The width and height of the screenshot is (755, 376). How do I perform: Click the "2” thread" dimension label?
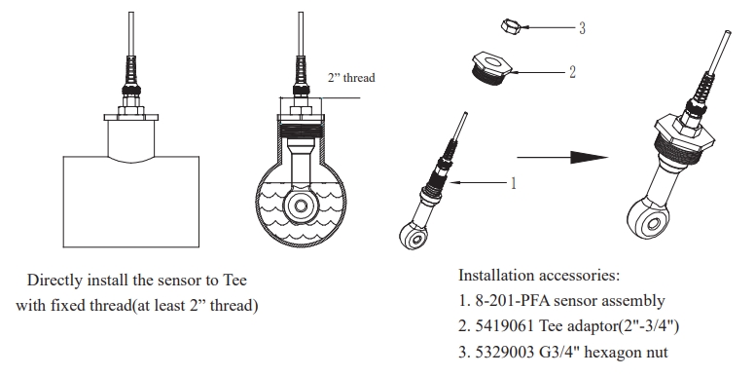pyautogui.click(x=351, y=78)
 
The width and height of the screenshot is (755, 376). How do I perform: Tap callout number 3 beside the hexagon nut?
pyautogui.click(x=582, y=28)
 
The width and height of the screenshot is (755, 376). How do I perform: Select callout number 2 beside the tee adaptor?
pyautogui.click(x=572, y=72)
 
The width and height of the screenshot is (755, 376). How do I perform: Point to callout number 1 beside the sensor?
pyautogui.click(x=514, y=183)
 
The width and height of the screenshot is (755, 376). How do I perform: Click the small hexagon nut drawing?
pyautogui.click(x=510, y=25)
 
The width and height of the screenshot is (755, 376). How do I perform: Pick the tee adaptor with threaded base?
pyautogui.click(x=491, y=69)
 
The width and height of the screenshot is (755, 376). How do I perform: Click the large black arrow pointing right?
pyautogui.click(x=562, y=157)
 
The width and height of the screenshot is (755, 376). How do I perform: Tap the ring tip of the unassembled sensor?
pyautogui.click(x=413, y=235)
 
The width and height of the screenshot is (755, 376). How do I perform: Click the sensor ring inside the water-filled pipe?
pyautogui.click(x=301, y=206)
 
